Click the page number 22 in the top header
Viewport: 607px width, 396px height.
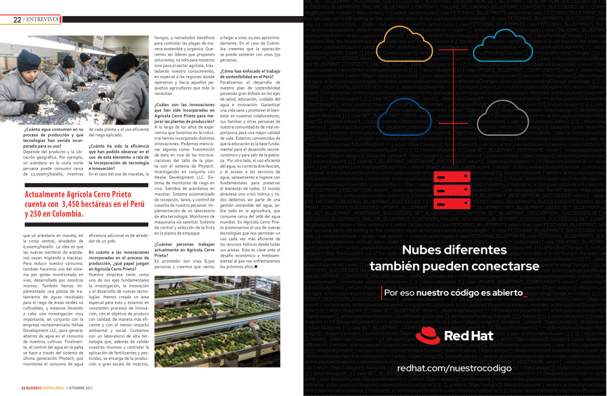click(17, 20)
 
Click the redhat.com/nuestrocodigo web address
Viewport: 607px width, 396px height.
click(454, 368)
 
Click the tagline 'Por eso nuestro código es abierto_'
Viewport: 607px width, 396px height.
click(455, 292)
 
